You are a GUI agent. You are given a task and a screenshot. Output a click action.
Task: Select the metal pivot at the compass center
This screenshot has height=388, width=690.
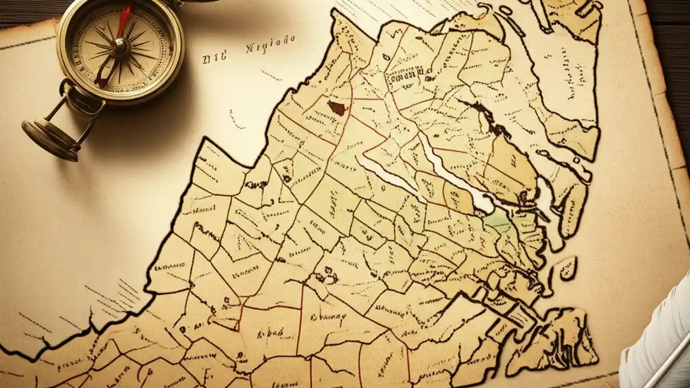[119, 47]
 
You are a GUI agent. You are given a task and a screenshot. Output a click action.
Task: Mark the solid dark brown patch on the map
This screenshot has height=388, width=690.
[337, 108]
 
